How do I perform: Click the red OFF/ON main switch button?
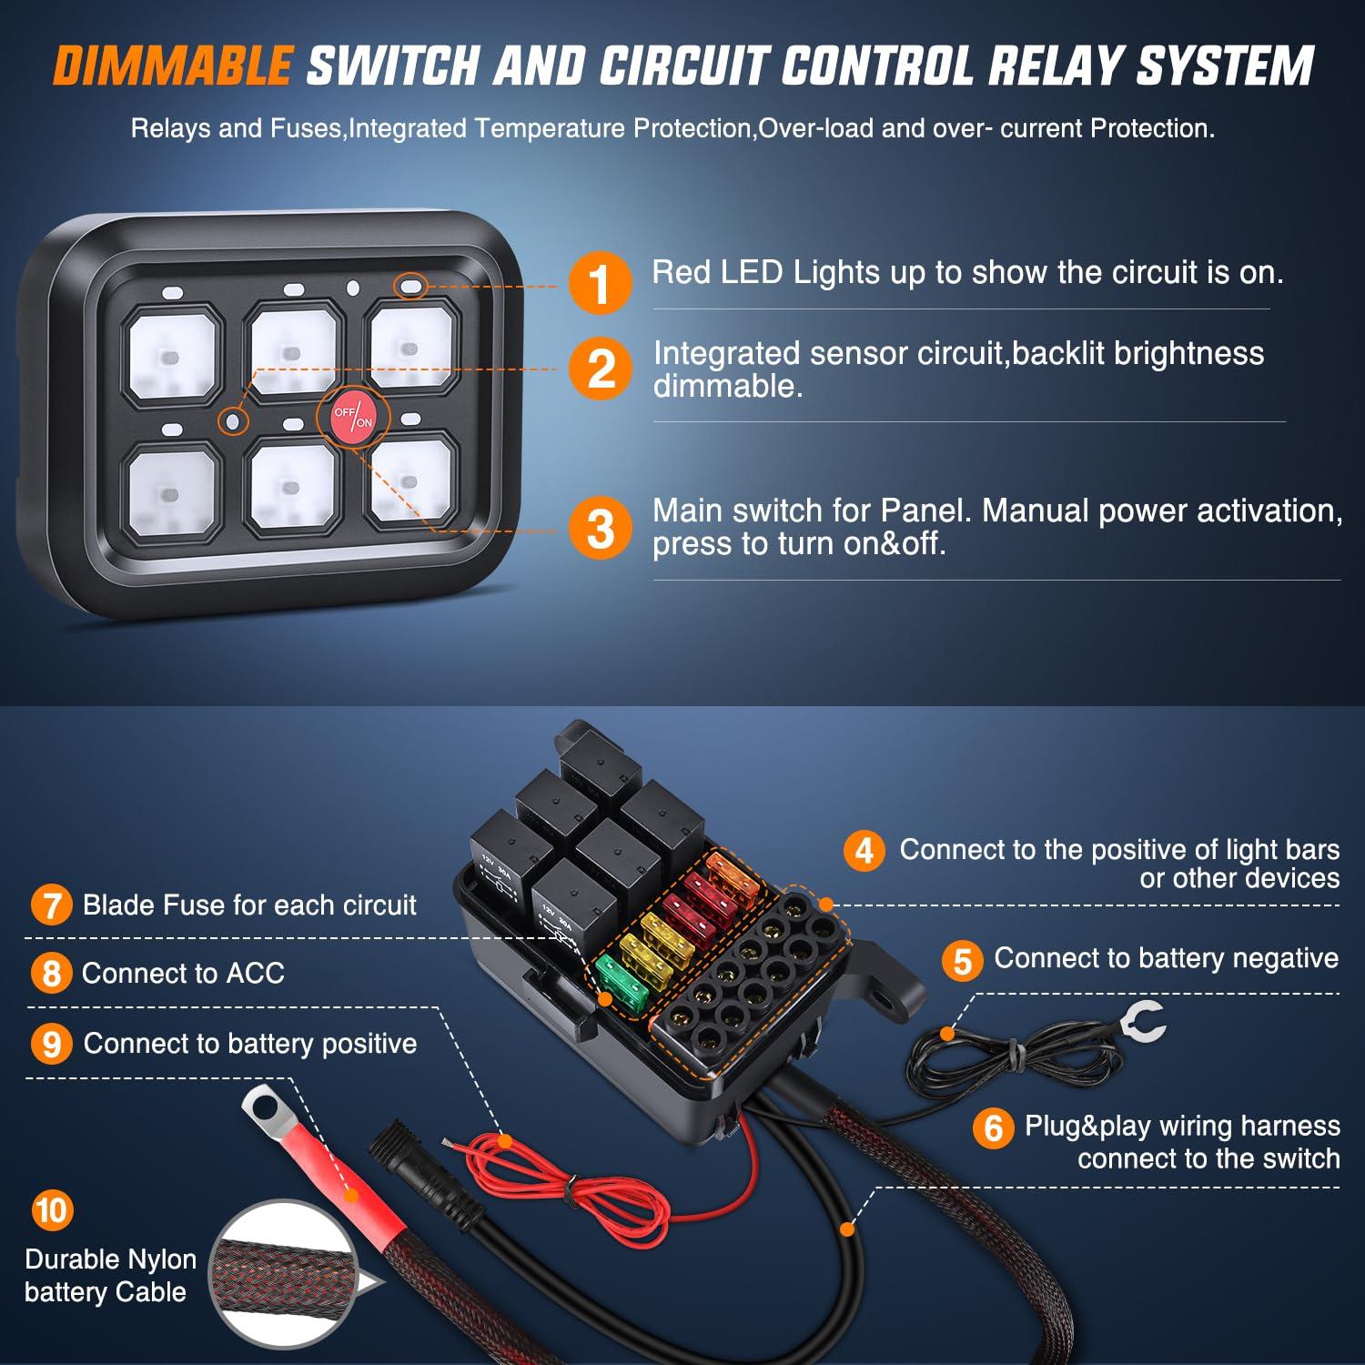pos(353,418)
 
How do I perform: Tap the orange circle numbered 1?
pos(600,284)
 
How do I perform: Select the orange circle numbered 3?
pos(600,529)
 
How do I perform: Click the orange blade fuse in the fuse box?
pos(733,874)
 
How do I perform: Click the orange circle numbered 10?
pos(52,1210)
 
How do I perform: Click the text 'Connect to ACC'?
pos(183,973)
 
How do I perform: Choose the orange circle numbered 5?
pos(963,961)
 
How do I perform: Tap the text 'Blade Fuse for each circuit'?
pos(249,905)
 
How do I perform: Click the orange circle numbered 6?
pos(993,1128)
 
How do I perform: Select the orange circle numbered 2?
pos(600,370)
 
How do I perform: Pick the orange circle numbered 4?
pos(864,851)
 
